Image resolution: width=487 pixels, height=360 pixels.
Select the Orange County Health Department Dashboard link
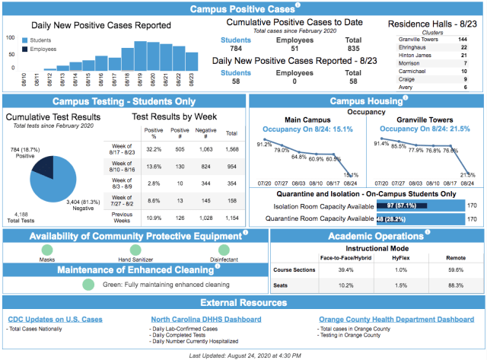396,319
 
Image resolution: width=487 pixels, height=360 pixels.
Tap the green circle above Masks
47,250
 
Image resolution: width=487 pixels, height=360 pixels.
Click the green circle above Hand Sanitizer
135,250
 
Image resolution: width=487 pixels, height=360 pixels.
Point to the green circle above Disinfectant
224,250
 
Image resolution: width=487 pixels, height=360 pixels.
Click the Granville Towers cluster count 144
463,39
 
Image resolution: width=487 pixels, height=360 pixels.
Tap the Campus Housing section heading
364,101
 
